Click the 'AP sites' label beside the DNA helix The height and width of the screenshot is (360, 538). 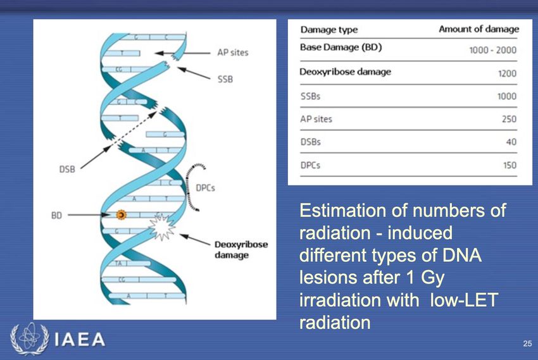[x=233, y=53]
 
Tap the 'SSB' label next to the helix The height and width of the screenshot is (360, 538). [x=225, y=79]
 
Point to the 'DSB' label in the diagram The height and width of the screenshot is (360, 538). [x=67, y=170]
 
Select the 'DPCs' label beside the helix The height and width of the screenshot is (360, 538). [x=205, y=188]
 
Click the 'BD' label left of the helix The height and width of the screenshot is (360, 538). [x=56, y=215]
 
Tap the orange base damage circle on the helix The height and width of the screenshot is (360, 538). [x=121, y=215]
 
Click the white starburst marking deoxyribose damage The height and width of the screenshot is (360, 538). [x=161, y=227]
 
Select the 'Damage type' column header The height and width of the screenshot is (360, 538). [x=329, y=30]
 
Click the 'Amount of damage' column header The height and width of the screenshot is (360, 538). [x=479, y=29]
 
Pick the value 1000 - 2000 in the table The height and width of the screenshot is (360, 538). [x=492, y=50]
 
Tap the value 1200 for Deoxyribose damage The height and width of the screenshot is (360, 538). [x=507, y=73]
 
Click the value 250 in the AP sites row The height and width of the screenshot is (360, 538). [x=509, y=119]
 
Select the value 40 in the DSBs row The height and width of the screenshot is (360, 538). [x=511, y=142]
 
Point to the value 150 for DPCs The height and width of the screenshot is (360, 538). [x=510, y=165]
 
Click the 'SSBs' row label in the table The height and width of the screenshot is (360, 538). [x=311, y=96]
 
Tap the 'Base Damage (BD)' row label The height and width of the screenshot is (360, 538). [x=341, y=47]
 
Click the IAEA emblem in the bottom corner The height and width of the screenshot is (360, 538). [x=30, y=338]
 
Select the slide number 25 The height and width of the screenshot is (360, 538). [x=527, y=343]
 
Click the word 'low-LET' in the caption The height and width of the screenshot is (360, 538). [x=464, y=300]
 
